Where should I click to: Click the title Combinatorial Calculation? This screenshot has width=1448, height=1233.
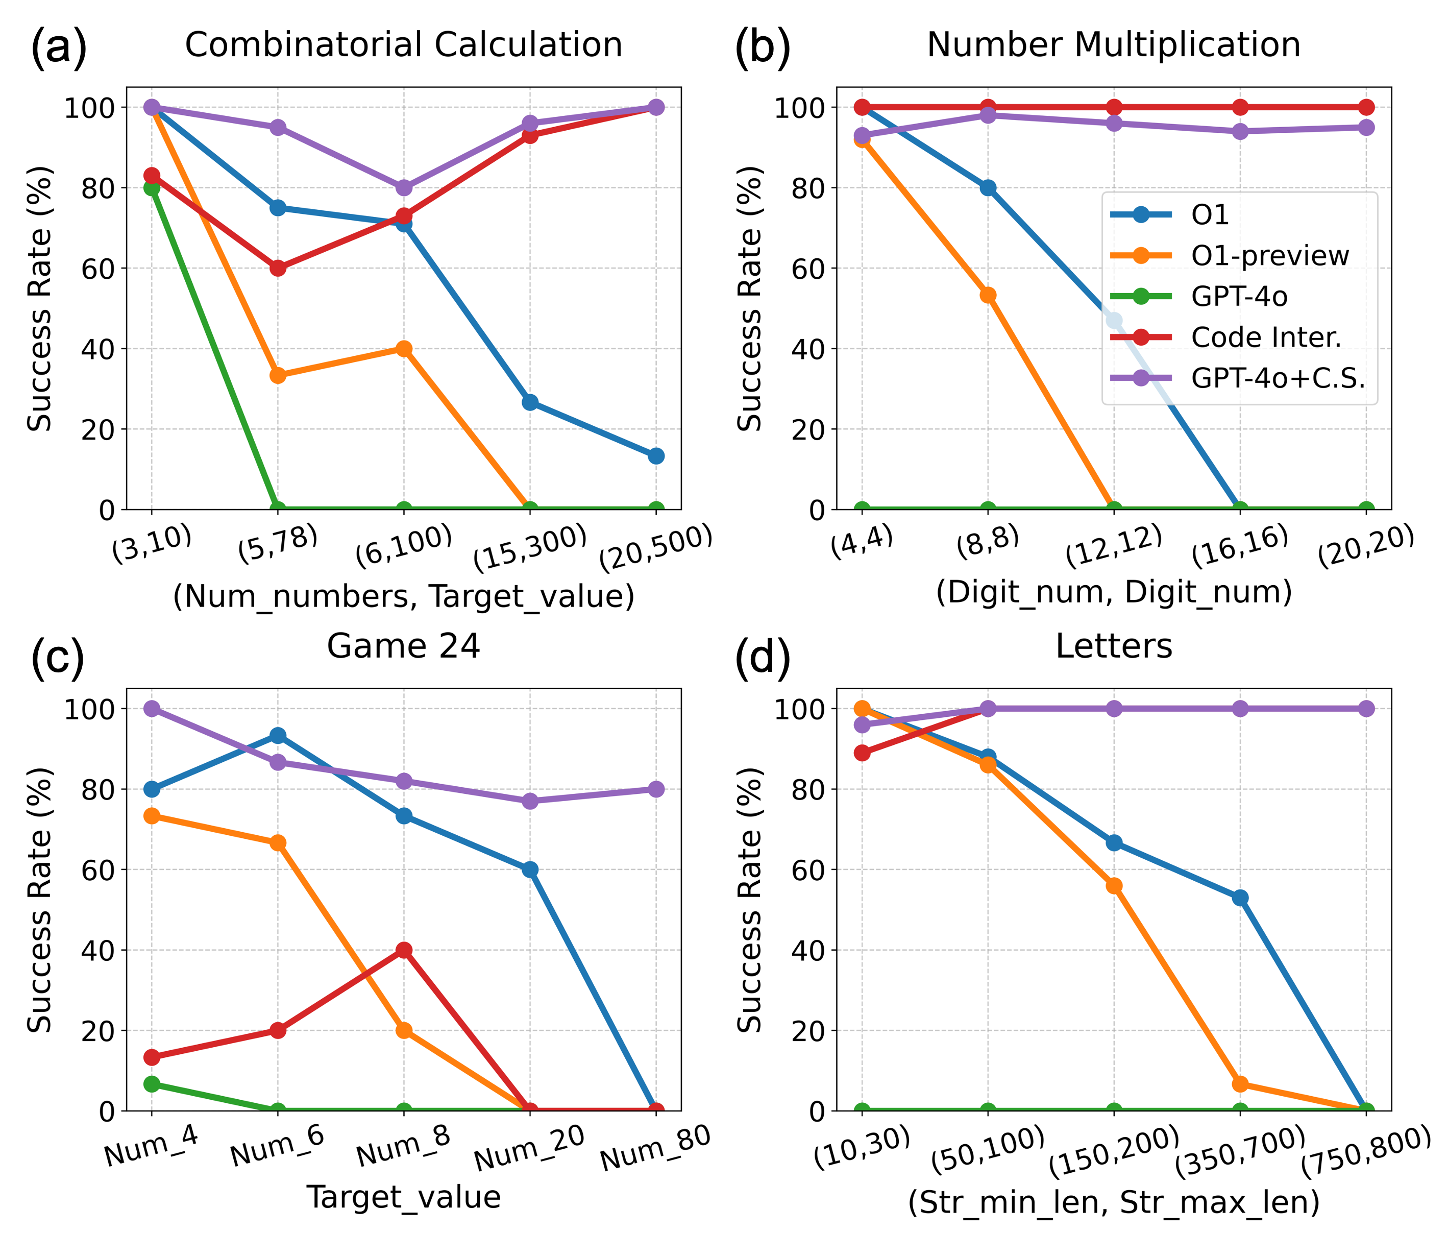point(403,45)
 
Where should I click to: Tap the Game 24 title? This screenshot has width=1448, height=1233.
point(403,646)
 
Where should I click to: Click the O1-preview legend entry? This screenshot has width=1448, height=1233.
point(1269,256)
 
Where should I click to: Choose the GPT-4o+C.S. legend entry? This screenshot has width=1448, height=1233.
point(1278,378)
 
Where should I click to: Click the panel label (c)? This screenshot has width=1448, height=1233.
point(57,659)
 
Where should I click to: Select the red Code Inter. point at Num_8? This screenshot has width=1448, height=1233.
point(404,950)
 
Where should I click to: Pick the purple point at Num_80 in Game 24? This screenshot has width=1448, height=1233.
point(655,789)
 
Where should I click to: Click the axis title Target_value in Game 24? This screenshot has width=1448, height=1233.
point(404,1197)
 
